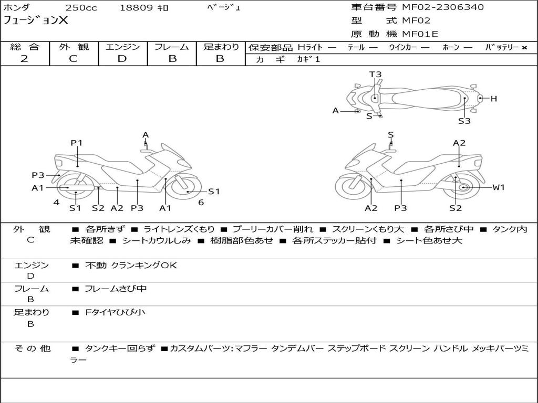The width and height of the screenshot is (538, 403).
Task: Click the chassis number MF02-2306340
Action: [x=443, y=7]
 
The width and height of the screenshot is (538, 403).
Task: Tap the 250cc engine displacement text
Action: [x=81, y=7]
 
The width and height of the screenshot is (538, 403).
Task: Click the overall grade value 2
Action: [x=24, y=59]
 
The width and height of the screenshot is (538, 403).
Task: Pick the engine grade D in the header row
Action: [x=122, y=59]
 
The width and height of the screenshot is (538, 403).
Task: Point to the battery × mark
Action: [x=524, y=48]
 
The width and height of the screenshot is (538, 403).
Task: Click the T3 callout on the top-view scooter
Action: [x=375, y=75]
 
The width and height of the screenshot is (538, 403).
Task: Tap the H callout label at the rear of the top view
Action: [x=494, y=99]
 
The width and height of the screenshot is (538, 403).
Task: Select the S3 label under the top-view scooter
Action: [x=464, y=121]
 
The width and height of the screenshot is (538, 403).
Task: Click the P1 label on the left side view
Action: [x=77, y=143]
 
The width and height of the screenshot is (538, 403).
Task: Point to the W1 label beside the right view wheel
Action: [x=499, y=187]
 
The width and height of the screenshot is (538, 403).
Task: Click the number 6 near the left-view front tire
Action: [x=201, y=203]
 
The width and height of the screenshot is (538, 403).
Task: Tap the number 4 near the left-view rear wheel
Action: [x=56, y=203]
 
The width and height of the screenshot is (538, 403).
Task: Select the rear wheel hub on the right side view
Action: [x=463, y=187]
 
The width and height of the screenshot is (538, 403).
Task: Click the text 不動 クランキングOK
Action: [x=131, y=265]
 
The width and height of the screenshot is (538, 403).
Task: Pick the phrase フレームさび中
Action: [x=116, y=289]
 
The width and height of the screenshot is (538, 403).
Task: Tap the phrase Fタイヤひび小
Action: [x=115, y=312]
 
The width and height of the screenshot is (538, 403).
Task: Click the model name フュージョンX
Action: [x=35, y=20]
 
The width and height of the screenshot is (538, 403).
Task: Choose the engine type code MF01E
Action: [x=420, y=34]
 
